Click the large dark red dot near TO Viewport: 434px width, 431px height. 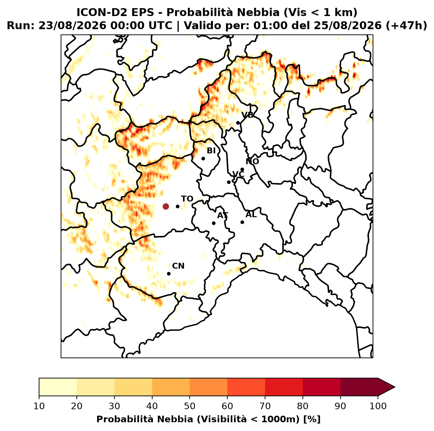[x=166, y=206]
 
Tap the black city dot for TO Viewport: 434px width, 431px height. [x=177, y=206]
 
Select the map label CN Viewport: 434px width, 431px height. [x=178, y=266]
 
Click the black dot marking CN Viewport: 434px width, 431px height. [x=169, y=274]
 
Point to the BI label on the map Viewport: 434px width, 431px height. [x=211, y=151]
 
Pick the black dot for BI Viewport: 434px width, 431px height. [x=203, y=159]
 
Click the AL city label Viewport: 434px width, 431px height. [x=251, y=215]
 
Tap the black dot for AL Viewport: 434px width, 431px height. [x=242, y=222]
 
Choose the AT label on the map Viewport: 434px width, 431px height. [x=222, y=215]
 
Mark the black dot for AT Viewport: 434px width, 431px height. [x=214, y=223]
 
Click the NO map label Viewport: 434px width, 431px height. [x=252, y=161]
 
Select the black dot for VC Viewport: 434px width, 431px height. [x=229, y=182]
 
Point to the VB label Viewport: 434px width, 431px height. [x=248, y=115]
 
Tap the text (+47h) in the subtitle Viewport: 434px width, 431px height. [x=406, y=26]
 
